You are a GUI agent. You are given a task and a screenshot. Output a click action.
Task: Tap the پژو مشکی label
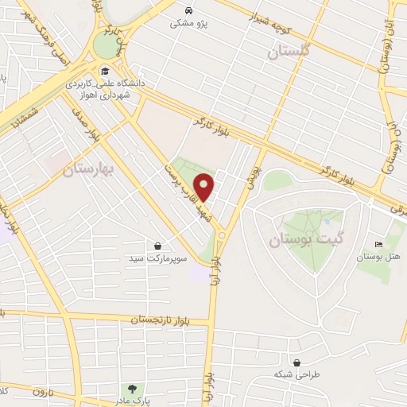click(x=190, y=24)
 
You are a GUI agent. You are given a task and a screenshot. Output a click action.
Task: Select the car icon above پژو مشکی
click(x=189, y=10)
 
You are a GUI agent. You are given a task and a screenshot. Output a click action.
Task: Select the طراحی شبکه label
click(x=297, y=374)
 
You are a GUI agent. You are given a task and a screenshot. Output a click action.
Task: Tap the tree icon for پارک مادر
click(x=132, y=387)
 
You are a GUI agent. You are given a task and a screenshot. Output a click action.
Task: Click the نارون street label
click(x=41, y=393)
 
